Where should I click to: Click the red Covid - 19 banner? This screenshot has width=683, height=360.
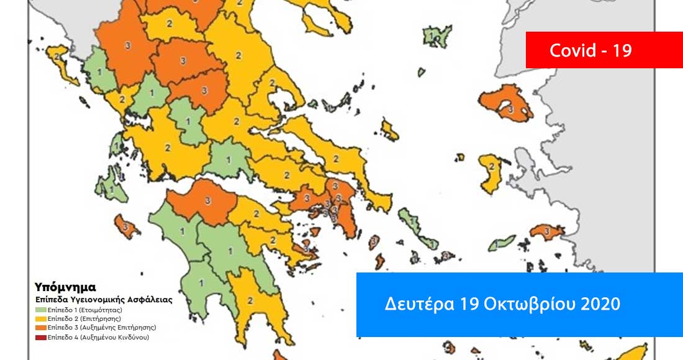coord(590,50)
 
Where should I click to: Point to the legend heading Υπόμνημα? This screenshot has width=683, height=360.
coord(65,287)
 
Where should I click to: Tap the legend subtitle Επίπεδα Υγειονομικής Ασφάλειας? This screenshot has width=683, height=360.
coord(103,299)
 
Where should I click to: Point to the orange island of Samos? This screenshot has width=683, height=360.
coord(546,232)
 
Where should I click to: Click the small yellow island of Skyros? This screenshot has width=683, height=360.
coord(390,130)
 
